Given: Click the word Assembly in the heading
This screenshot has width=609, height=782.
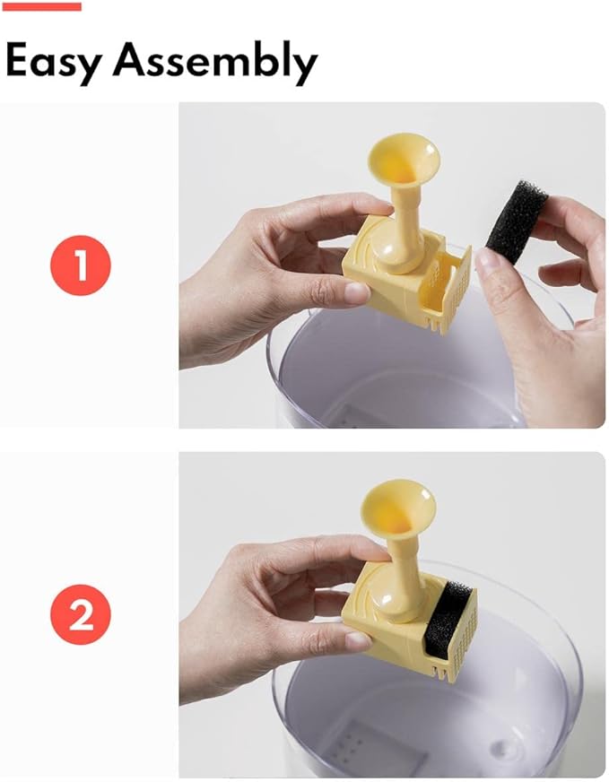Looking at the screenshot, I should pyautogui.click(x=215, y=63).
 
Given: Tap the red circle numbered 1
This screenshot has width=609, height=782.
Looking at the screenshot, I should pyautogui.click(x=81, y=265).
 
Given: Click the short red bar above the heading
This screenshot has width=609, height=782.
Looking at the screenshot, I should pyautogui.click(x=43, y=6).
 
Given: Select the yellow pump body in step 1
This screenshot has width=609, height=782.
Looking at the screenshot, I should pyautogui.click(x=377, y=278).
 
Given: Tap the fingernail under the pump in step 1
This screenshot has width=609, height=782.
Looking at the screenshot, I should pyautogui.click(x=356, y=292).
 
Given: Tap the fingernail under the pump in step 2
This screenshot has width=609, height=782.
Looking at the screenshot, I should pyautogui.click(x=356, y=640).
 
